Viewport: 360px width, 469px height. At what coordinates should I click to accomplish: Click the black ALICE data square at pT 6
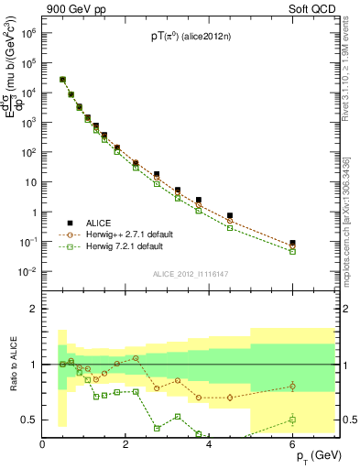(292, 243)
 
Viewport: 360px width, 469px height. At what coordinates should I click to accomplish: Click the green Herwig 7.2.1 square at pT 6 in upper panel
(292, 251)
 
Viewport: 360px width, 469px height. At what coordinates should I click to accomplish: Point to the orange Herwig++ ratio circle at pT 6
(292, 386)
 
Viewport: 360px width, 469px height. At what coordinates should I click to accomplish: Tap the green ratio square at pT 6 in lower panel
(292, 420)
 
